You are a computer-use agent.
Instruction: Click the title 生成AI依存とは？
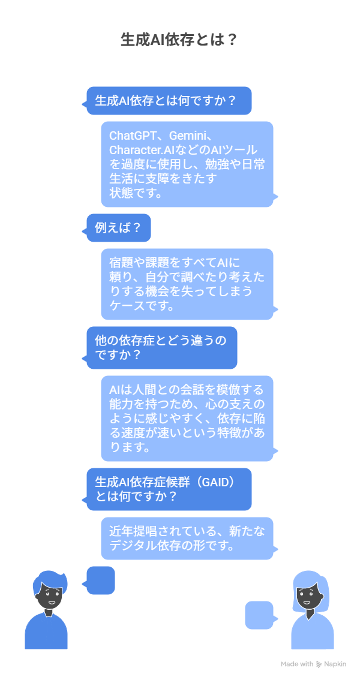(x=179, y=40)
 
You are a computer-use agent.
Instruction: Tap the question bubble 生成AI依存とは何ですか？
(x=168, y=101)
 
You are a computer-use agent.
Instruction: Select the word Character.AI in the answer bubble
(x=144, y=150)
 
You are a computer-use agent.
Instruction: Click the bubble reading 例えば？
(x=118, y=228)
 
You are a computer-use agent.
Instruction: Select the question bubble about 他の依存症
(x=161, y=348)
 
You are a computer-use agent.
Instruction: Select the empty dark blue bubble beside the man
(x=100, y=580)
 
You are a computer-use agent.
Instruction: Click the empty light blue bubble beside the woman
(x=259, y=615)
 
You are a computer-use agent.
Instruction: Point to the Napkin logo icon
(x=319, y=664)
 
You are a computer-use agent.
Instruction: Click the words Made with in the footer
(x=297, y=664)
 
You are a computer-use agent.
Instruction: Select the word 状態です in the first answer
(x=136, y=193)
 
